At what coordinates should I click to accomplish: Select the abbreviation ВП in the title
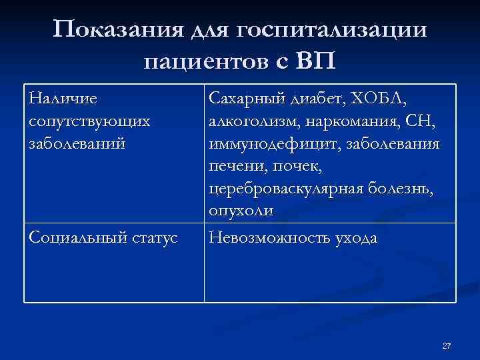(x=315, y=62)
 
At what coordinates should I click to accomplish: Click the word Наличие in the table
(x=63, y=98)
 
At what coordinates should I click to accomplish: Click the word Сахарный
(x=247, y=98)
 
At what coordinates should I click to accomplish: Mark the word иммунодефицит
(x=264, y=145)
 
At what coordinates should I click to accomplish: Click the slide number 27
(x=447, y=346)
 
